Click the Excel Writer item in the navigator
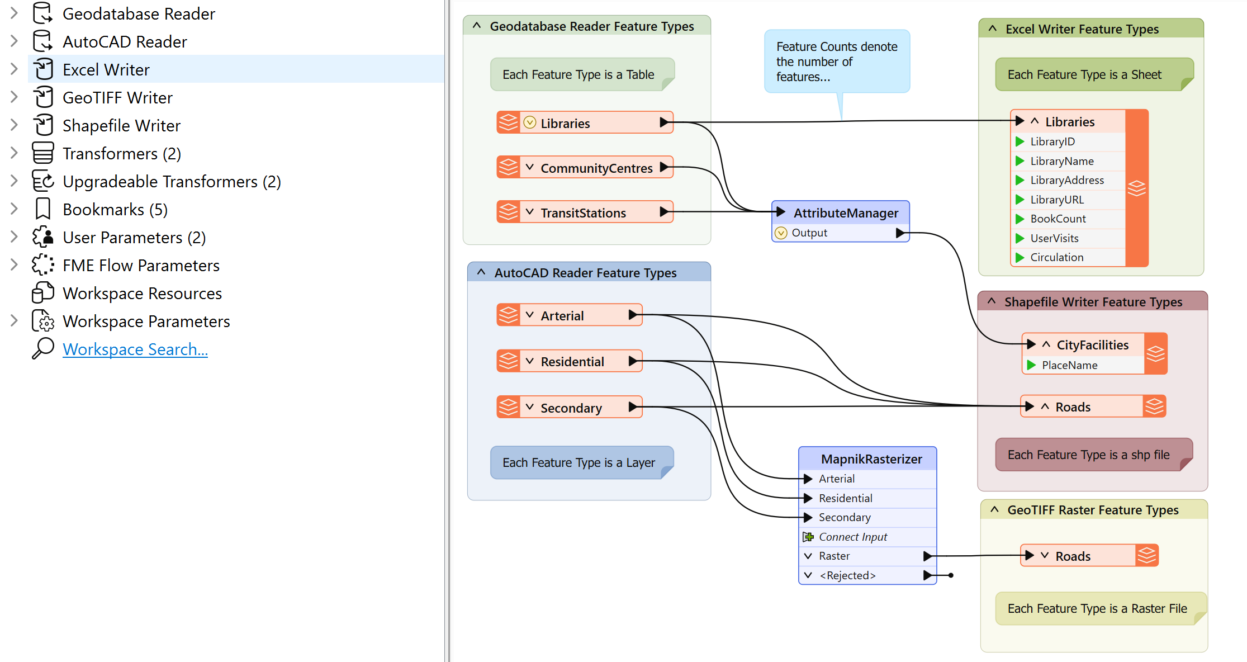click(x=106, y=70)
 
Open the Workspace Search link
click(x=135, y=349)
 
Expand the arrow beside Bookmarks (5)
click(x=14, y=209)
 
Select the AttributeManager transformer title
click(x=845, y=213)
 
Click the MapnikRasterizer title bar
click(x=871, y=459)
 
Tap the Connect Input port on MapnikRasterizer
click(x=852, y=537)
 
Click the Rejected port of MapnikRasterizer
click(x=847, y=575)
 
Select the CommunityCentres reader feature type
click(x=596, y=168)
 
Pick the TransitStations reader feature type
click(x=583, y=213)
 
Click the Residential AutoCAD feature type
click(x=572, y=362)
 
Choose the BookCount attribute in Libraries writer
click(x=1058, y=219)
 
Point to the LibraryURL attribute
click(x=1056, y=200)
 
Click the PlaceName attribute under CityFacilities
click(x=1069, y=365)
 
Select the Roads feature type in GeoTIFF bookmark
click(x=1073, y=556)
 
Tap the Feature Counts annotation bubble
click(x=836, y=62)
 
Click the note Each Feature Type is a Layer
click(x=579, y=462)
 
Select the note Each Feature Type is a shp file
click(x=1088, y=455)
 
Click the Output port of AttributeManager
click(x=809, y=233)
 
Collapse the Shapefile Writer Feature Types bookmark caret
click(x=992, y=301)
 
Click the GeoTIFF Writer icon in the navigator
click(x=43, y=97)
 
